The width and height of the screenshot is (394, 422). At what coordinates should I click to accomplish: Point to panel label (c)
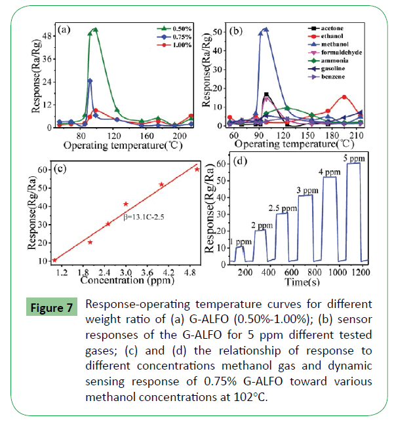[x=62, y=168]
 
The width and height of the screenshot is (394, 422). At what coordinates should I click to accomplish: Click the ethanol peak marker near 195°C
[x=344, y=97]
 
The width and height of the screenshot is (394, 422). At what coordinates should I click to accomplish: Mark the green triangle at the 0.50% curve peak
[x=95, y=29]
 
